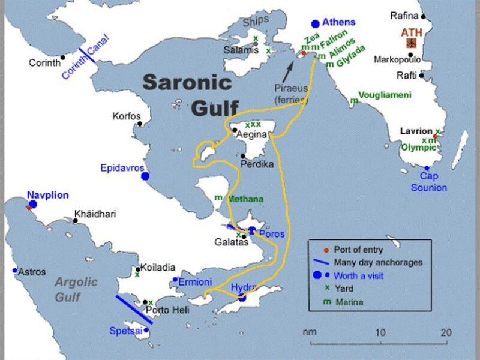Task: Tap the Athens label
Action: coord(339,22)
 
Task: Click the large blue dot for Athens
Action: coord(316,24)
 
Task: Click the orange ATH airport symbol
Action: coord(411,43)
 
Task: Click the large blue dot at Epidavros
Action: coord(145,176)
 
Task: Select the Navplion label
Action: coord(48,195)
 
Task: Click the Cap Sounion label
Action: coord(429,182)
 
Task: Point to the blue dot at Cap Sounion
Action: coord(427,169)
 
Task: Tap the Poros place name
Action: coord(272,233)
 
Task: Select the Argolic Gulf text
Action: coord(76,289)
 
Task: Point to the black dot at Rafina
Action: coord(423,17)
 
